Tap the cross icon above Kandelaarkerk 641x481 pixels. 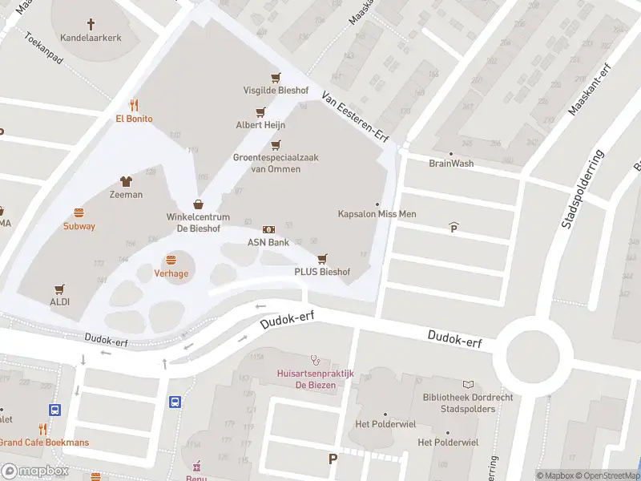point(91,24)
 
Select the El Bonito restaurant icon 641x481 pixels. point(134,105)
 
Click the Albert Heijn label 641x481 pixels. point(260,125)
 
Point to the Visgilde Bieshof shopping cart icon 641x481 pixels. point(276,78)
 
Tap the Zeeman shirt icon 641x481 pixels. point(126,181)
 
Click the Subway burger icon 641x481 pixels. point(79,213)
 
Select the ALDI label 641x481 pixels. point(60,302)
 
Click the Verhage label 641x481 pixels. point(171,273)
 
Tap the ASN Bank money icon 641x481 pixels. point(268,230)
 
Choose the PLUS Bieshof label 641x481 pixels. point(322,272)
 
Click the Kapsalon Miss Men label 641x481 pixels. point(377,214)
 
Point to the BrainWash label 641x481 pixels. point(451,164)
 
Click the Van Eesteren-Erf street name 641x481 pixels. point(354,117)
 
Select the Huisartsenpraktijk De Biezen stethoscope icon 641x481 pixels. point(314,360)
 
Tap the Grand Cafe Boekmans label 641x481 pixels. point(44,443)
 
